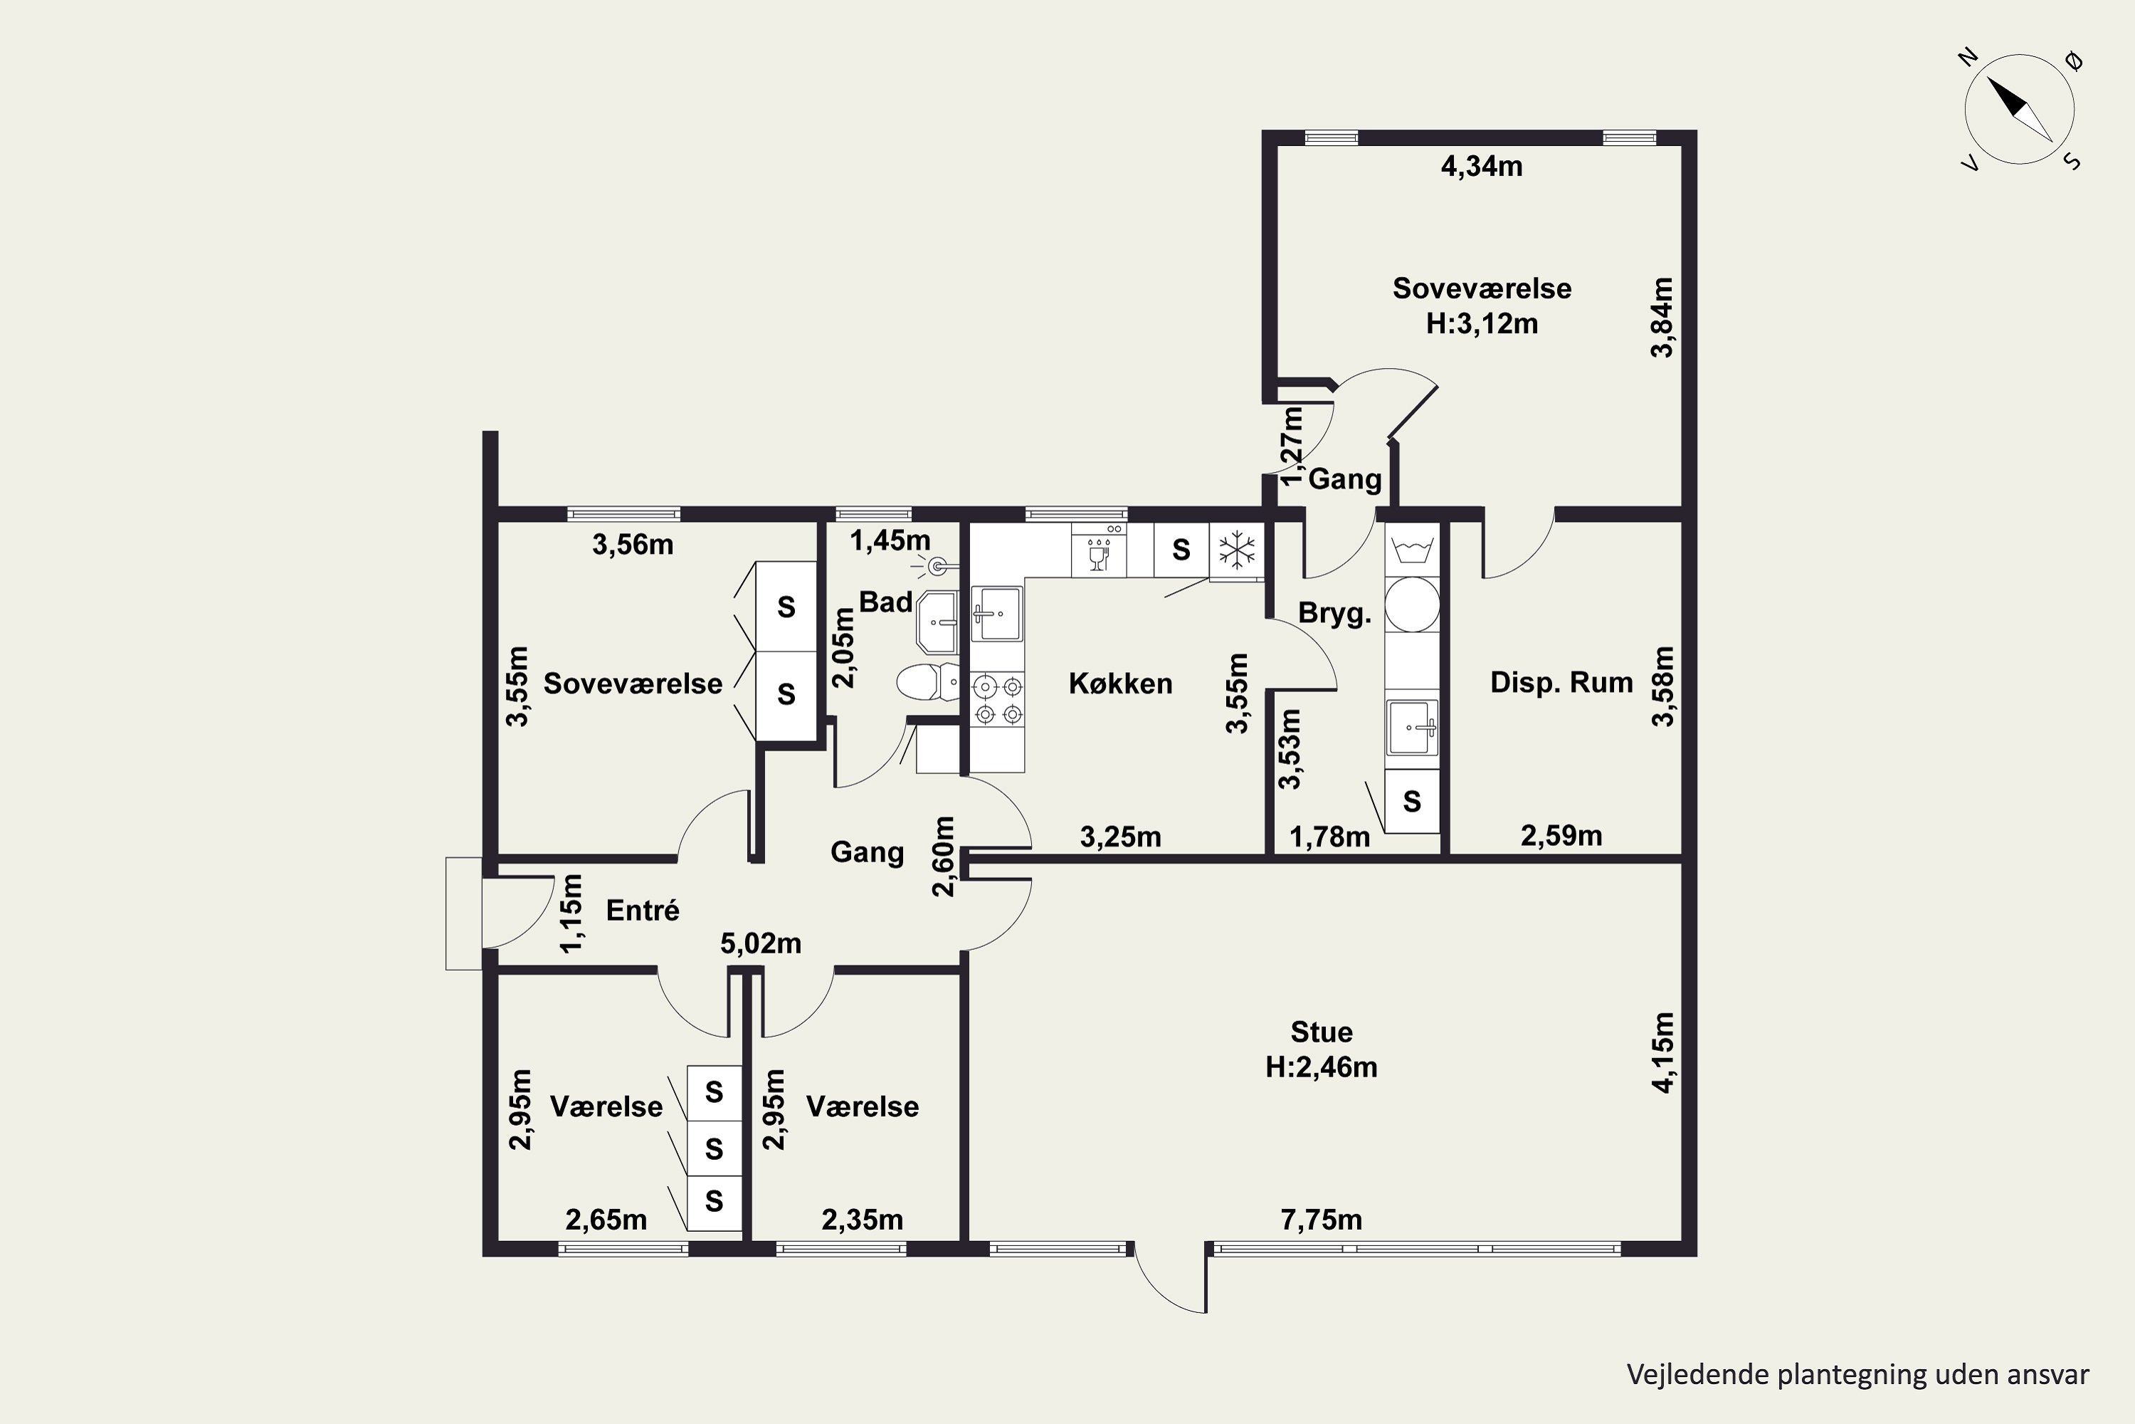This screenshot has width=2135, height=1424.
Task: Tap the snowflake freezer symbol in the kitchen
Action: pyautogui.click(x=1236, y=550)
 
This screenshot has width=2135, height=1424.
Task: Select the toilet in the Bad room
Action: pyautogui.click(x=927, y=682)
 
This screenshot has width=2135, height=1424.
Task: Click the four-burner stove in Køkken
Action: pyautogui.click(x=998, y=700)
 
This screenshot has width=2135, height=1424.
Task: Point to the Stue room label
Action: pyautogui.click(x=1322, y=1032)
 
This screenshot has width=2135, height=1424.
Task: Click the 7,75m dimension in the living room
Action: pyautogui.click(x=1321, y=1220)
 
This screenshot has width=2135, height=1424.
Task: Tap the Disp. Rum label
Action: pyautogui.click(x=1561, y=682)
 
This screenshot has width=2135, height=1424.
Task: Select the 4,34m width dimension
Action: pyautogui.click(x=1482, y=166)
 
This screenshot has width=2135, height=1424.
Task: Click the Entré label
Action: pyautogui.click(x=643, y=910)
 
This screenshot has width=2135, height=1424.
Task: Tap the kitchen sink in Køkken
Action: pyautogui.click(x=997, y=613)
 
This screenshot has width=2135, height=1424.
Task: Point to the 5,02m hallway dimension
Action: pyautogui.click(x=761, y=943)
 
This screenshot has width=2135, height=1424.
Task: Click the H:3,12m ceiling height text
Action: pyautogui.click(x=1482, y=323)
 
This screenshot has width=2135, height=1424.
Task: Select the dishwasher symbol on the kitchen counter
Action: pyautogui.click(x=1098, y=550)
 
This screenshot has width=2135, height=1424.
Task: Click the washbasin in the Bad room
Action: pyautogui.click(x=937, y=622)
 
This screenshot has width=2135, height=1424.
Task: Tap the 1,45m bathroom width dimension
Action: pyautogui.click(x=890, y=541)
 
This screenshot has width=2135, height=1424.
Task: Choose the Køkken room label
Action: pyautogui.click(x=1120, y=683)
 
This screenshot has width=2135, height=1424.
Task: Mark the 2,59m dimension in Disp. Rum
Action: pyautogui.click(x=1561, y=835)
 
